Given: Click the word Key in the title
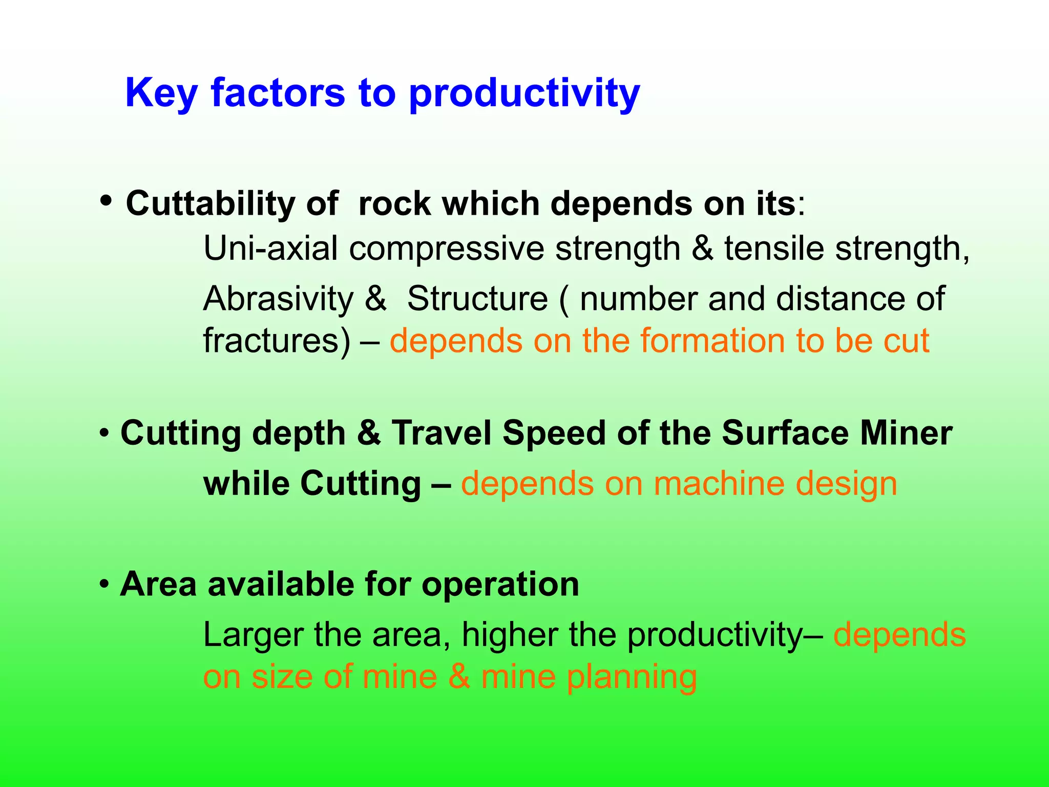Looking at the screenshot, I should tap(161, 93).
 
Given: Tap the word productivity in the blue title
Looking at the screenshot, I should tap(524, 93).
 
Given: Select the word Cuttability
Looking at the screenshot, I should tap(210, 203).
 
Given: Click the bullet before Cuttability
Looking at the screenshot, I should tap(106, 200).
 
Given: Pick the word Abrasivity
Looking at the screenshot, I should tap(278, 299).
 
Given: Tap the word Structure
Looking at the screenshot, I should tap(477, 299).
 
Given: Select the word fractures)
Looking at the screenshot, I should tap(277, 341).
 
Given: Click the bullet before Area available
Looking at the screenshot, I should tap(104, 585).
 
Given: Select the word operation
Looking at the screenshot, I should tap(500, 585).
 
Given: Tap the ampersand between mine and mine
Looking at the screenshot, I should tap(459, 676).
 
